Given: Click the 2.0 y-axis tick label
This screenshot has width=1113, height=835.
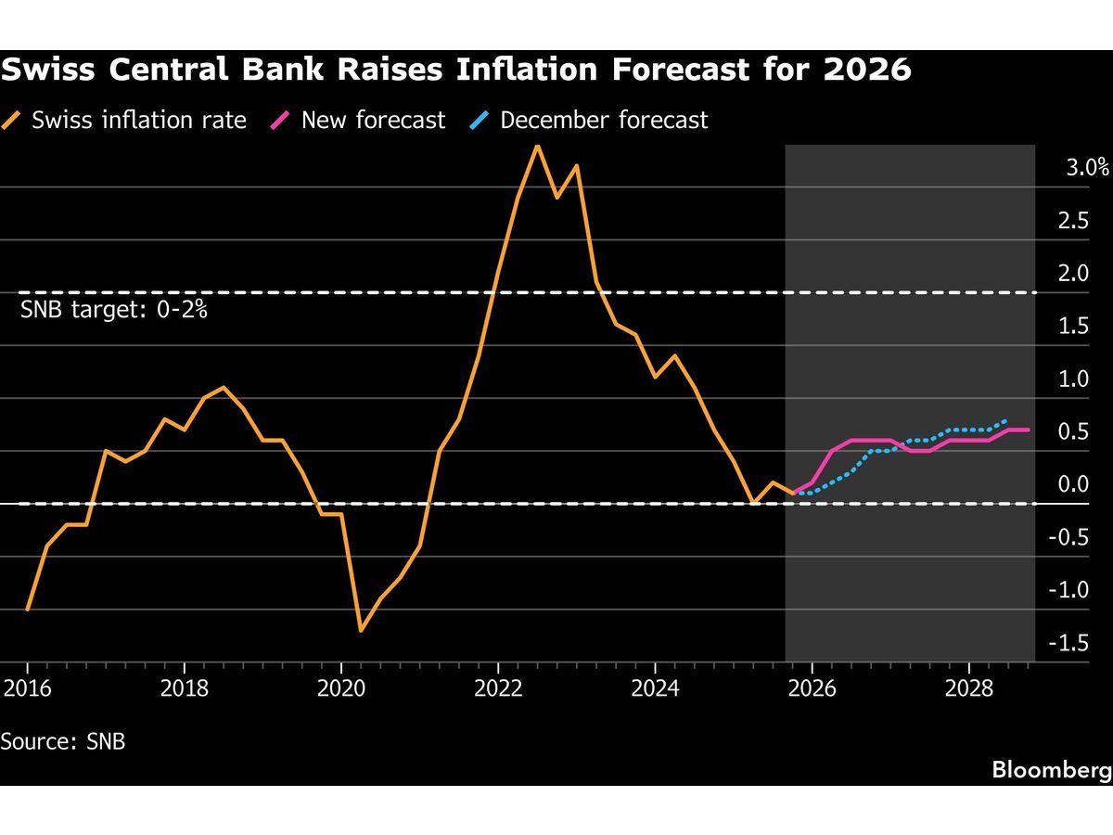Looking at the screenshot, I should [1074, 274].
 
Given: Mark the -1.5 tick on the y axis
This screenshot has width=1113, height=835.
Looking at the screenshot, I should [1068, 643].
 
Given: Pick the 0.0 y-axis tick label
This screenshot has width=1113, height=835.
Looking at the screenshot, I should [1074, 484].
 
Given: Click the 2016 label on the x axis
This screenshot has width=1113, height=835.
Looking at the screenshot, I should [27, 689].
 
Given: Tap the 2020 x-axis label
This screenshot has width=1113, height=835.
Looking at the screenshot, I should [340, 689].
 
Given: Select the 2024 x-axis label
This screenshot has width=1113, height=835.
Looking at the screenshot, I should [655, 689].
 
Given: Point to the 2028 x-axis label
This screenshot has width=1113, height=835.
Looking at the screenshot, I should [968, 689].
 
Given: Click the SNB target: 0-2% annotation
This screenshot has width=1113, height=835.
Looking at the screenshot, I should [113, 310].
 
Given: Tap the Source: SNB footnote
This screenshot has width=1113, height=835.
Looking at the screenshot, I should [63, 742].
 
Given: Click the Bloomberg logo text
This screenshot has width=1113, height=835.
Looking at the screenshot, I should [1051, 769].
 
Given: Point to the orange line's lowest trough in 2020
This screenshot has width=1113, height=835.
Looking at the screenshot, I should [360, 631].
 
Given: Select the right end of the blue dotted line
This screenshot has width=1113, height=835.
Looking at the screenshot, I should [1007, 420].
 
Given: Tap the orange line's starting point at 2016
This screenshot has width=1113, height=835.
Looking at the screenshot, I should [28, 610].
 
